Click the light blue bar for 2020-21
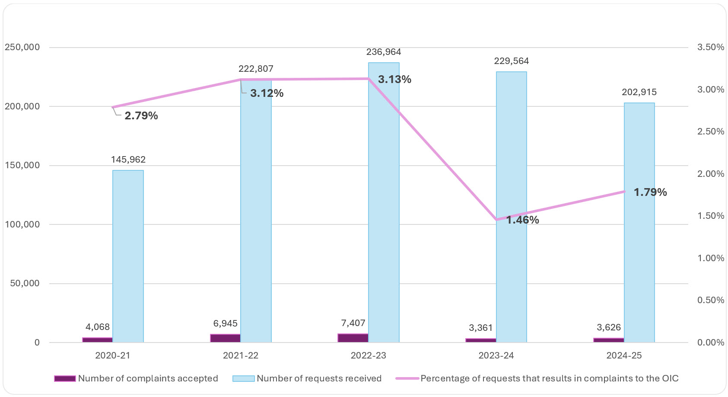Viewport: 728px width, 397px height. tap(128, 256)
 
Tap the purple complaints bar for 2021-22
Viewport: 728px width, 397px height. tap(225, 338)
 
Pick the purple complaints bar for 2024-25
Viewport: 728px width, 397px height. tap(608, 340)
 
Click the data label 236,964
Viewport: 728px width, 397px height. tap(384, 52)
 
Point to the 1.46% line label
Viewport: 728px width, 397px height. tap(522, 220)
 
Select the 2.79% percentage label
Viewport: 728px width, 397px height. tap(141, 115)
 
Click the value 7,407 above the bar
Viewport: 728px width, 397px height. tap(353, 323)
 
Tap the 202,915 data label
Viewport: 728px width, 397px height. tap(639, 92)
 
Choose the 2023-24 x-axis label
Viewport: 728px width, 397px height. tap(496, 355)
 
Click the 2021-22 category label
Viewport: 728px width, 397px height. tap(240, 355)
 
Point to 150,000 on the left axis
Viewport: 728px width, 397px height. tap(22, 165)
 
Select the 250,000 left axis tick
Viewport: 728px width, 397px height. tap(22, 47)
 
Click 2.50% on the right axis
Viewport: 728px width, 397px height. tap(710, 131)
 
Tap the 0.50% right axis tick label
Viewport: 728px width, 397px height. tap(710, 300)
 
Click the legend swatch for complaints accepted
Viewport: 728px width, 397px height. tap(65, 378)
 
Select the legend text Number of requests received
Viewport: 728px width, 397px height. tap(319, 378)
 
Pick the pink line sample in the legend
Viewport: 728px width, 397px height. tap(407, 378)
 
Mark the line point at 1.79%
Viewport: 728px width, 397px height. tap(624, 191)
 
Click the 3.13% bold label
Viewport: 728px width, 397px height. tap(394, 79)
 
